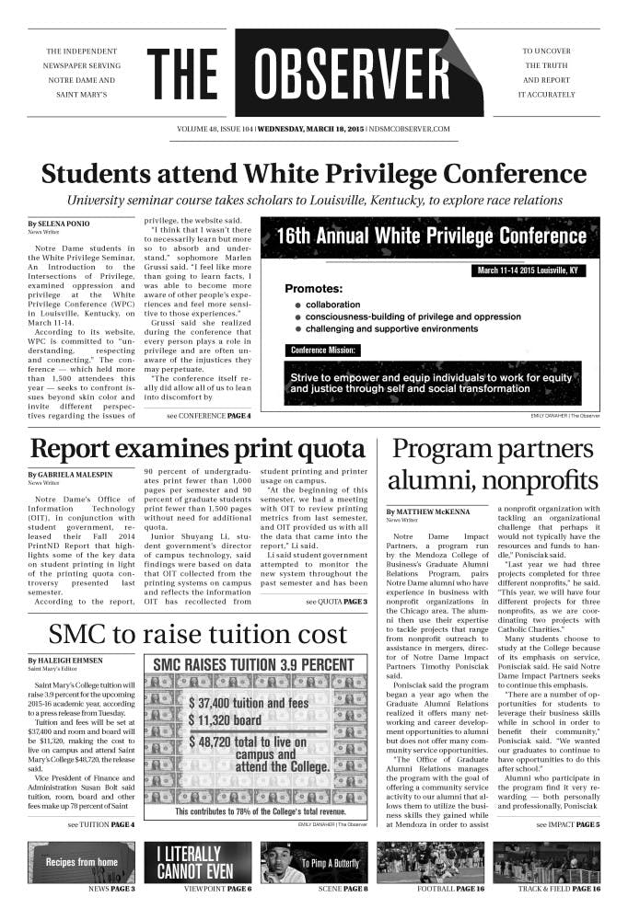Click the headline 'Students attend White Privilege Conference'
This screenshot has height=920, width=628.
tap(313, 174)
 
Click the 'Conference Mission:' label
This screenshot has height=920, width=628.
tap(323, 350)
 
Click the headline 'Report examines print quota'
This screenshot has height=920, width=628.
tap(197, 450)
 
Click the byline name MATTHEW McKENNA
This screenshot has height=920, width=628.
tap(430, 511)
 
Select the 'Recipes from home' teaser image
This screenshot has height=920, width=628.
tap(82, 862)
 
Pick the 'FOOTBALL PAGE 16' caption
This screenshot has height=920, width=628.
tap(449, 890)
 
